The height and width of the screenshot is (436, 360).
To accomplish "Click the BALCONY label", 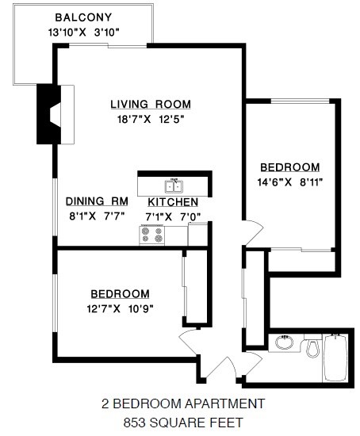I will tap(82, 17).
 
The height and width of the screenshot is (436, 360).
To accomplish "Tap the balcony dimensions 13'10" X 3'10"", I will tap(82, 33).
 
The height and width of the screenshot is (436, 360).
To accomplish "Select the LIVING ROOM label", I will tap(151, 105).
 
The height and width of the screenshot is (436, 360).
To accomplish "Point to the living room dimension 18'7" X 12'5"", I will tap(151, 120).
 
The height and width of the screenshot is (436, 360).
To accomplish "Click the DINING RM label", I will tap(97, 201).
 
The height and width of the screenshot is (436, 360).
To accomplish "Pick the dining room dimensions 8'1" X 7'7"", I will tap(97, 216).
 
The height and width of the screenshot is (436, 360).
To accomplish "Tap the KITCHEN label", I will tap(172, 203).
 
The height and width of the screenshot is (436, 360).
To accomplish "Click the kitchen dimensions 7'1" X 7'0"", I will tap(172, 216).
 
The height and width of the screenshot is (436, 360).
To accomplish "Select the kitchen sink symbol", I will tap(174, 186).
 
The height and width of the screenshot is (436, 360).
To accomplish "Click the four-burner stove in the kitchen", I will tap(151, 235).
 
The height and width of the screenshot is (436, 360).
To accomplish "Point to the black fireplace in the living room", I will tap(49, 114).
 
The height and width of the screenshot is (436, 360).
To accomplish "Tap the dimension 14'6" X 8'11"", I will tap(291, 182).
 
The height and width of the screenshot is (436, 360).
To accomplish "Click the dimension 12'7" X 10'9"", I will tap(120, 308).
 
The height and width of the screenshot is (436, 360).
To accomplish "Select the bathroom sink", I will tap(284, 343).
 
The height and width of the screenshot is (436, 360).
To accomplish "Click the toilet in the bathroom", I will tap(312, 347).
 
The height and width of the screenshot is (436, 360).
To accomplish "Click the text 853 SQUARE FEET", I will tap(182, 423).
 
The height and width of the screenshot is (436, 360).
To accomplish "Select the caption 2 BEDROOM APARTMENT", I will tap(182, 404).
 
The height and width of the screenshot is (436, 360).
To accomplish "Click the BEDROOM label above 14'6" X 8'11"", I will tap(291, 167).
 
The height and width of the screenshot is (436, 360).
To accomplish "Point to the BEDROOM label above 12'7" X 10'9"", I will tap(120, 293).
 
